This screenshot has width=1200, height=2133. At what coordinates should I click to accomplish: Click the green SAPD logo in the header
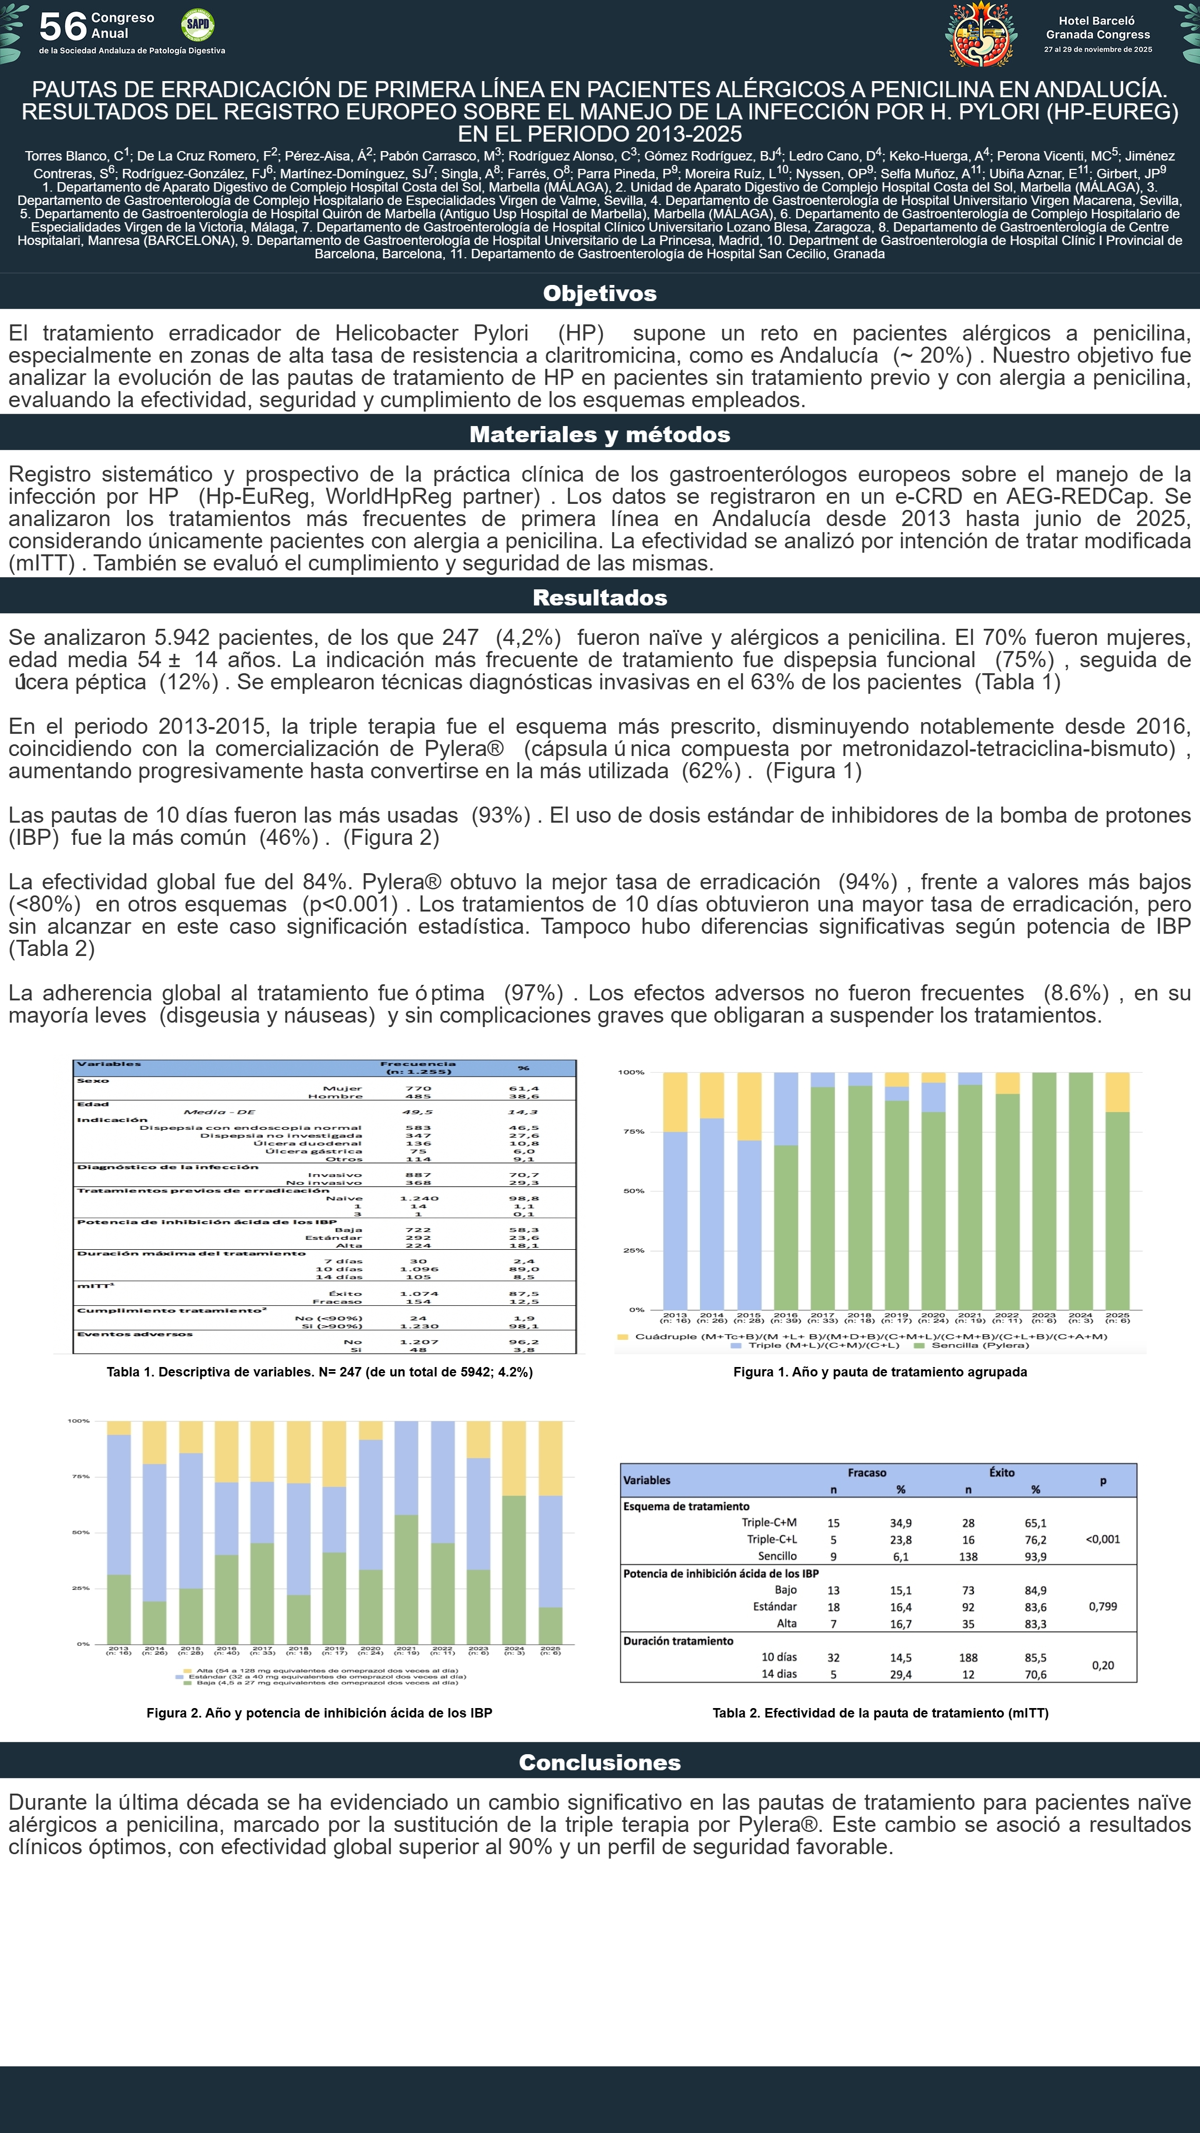point(197,25)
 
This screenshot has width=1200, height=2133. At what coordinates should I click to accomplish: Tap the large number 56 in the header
point(62,27)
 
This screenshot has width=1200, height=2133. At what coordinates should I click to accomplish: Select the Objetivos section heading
point(599,293)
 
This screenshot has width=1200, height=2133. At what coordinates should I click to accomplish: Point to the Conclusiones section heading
point(599,1762)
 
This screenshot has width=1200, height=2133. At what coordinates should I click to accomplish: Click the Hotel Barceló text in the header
point(1097,21)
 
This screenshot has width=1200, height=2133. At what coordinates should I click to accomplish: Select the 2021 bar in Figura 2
point(406,1532)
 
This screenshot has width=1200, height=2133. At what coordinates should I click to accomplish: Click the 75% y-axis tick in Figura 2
point(79,1476)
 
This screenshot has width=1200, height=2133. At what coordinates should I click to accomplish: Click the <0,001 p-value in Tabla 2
point(1102,1539)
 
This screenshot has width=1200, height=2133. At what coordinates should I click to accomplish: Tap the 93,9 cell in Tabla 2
point(1035,1556)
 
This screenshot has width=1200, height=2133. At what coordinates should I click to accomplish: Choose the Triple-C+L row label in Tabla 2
point(771,1539)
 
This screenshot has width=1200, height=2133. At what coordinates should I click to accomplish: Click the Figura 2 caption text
point(319,1713)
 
